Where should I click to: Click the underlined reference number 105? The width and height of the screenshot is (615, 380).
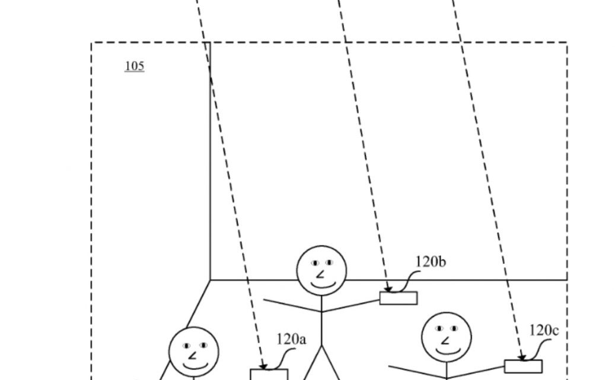click(134, 66)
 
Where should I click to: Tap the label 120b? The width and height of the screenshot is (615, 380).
click(430, 261)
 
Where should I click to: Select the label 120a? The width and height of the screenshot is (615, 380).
click(291, 339)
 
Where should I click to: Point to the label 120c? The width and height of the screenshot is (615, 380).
click(544, 330)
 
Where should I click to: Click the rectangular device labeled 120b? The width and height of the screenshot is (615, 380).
click(398, 298)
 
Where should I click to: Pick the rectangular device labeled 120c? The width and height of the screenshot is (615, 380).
click(523, 366)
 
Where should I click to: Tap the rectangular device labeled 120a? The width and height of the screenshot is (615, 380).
click(269, 375)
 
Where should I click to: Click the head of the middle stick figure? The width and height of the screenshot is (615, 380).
click(321, 270)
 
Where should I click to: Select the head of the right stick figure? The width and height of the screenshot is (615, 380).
click(446, 337)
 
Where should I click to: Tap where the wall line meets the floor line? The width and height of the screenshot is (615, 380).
click(211, 280)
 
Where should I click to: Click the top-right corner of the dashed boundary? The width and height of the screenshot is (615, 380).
click(567, 43)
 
